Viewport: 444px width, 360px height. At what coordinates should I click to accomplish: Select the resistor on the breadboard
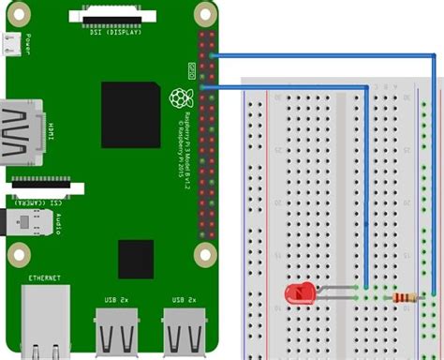point(406,297)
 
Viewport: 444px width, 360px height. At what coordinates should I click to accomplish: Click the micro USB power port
point(11,44)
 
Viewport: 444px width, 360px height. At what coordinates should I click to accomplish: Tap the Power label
point(29,44)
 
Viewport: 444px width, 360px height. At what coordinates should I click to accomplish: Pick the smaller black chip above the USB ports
point(135,258)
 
